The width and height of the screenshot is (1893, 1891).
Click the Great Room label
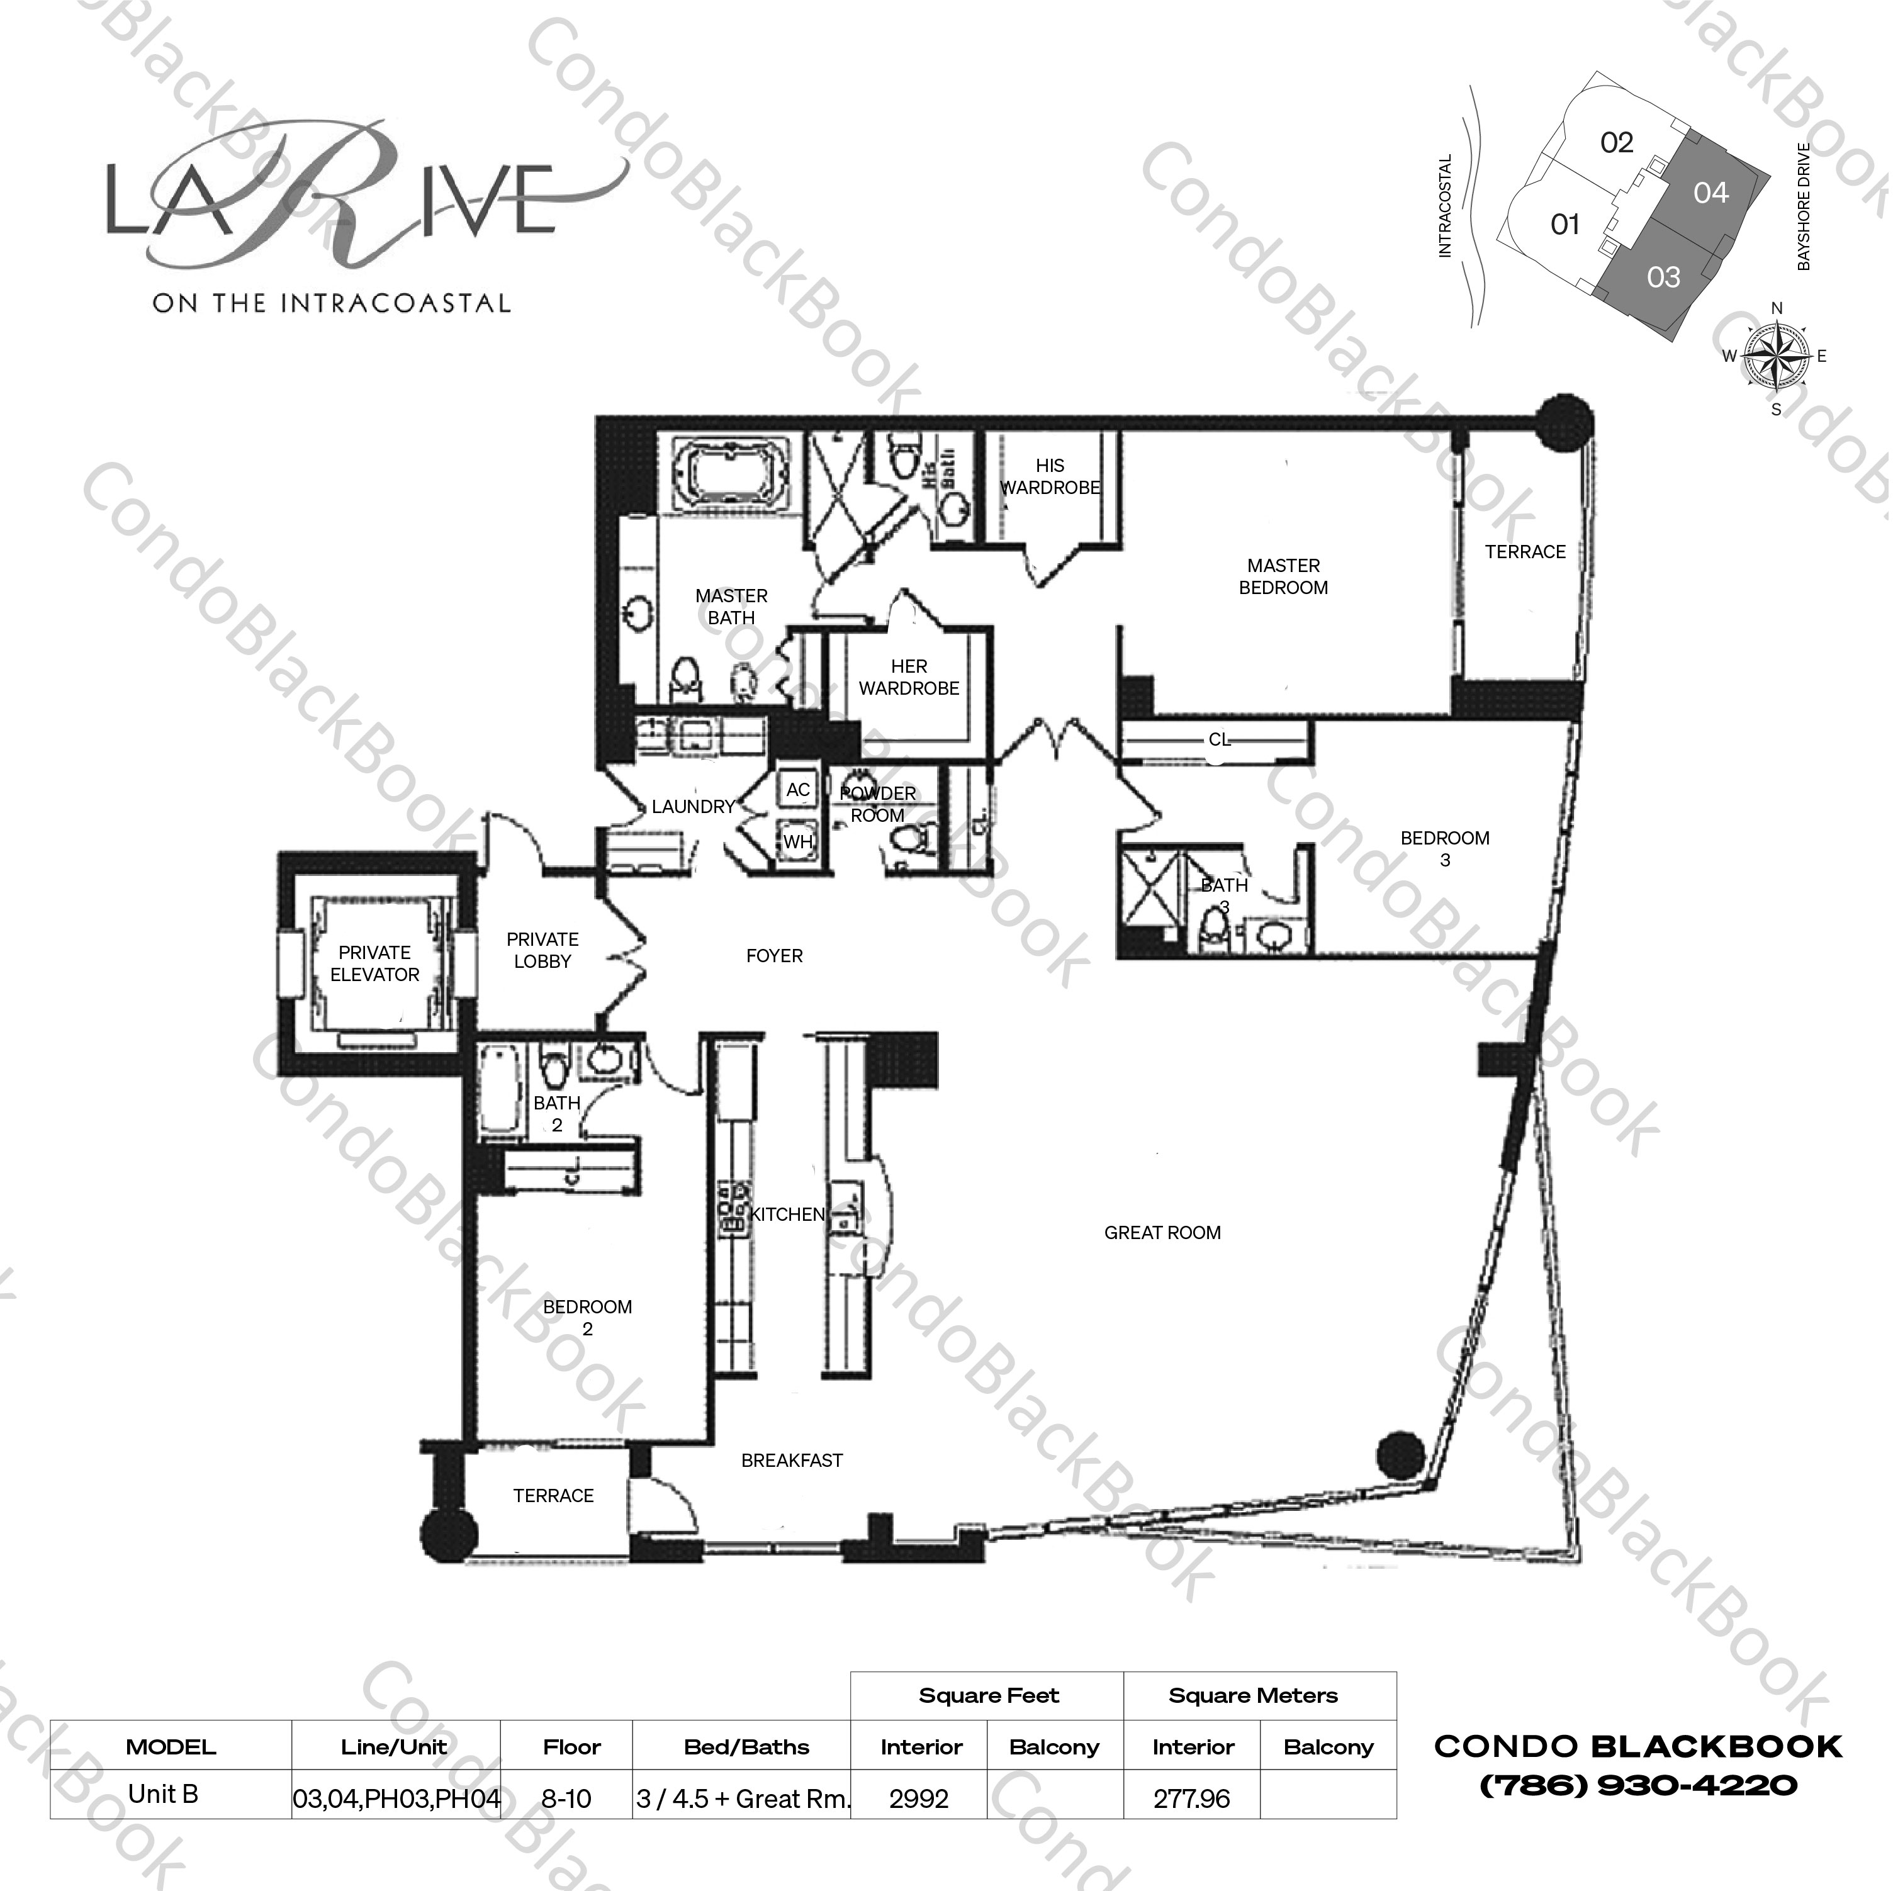[x=1162, y=1233]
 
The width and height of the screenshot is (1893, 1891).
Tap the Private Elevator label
[x=374, y=963]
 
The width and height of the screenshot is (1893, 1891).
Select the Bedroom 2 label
[x=588, y=1317]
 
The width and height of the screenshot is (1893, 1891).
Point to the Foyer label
[x=774, y=955]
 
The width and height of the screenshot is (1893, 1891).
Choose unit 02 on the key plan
[x=1617, y=143]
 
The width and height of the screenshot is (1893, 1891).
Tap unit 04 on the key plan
[x=1710, y=193]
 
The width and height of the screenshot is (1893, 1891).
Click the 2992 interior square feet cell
[x=919, y=1799]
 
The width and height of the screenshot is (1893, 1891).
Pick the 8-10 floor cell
[x=566, y=1799]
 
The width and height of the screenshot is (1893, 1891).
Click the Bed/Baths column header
[x=746, y=1747]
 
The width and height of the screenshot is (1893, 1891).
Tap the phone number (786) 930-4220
[x=1637, y=1785]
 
